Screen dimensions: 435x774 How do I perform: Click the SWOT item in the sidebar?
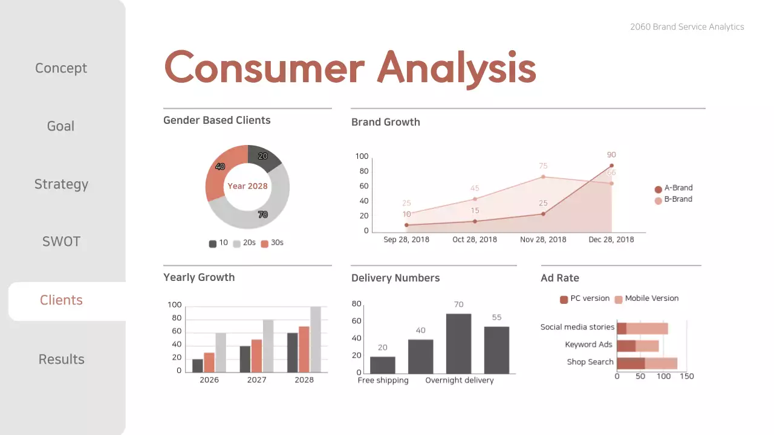click(61, 242)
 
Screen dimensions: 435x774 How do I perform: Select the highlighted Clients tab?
click(62, 300)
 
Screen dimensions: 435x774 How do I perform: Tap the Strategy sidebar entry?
click(61, 184)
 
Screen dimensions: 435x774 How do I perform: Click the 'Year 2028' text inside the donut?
click(247, 186)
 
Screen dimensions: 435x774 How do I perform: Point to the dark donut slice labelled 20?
click(263, 157)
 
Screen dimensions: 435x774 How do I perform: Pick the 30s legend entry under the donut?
click(272, 243)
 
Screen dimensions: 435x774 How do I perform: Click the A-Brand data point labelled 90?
click(611, 166)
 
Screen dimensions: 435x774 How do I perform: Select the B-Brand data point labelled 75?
click(543, 176)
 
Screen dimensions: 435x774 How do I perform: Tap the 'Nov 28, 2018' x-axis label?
click(543, 239)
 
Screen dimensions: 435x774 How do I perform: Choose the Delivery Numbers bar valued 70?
click(459, 343)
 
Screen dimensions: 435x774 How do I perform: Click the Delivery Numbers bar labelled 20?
click(383, 365)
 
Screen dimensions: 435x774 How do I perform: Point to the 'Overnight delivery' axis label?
click(459, 381)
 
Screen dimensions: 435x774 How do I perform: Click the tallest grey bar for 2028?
click(316, 340)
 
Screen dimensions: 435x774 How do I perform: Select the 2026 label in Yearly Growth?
click(209, 380)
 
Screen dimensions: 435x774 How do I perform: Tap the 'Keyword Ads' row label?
click(588, 345)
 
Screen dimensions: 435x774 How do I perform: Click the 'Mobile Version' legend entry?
click(646, 298)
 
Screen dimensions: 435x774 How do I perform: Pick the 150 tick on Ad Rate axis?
click(687, 376)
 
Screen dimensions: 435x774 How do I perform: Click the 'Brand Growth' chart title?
click(385, 122)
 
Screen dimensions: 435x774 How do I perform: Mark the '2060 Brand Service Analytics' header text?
click(687, 27)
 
